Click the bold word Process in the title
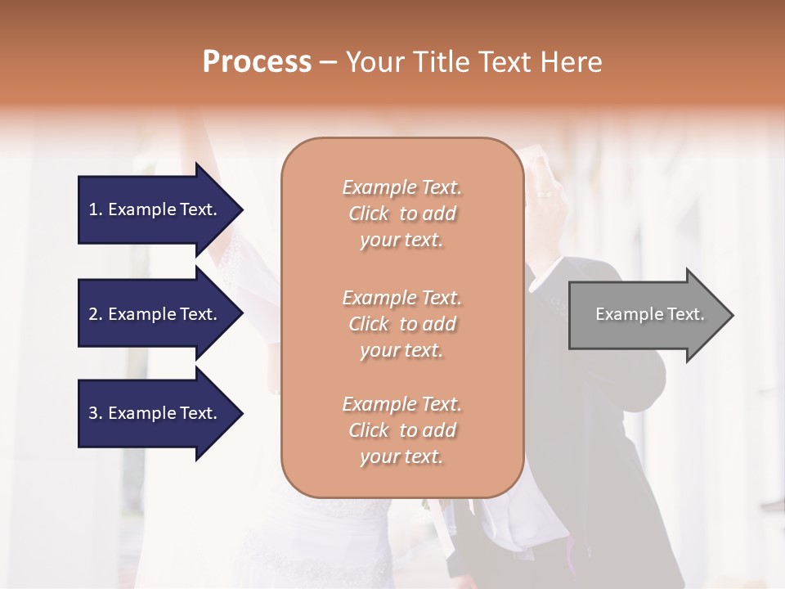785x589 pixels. click(x=257, y=61)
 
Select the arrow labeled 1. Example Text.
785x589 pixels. click(x=155, y=209)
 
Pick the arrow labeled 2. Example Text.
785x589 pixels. click(x=155, y=314)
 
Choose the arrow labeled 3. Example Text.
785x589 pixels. click(x=155, y=413)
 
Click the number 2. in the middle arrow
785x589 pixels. click(x=95, y=314)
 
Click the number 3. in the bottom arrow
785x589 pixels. click(x=95, y=413)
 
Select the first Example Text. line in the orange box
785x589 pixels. click(x=401, y=187)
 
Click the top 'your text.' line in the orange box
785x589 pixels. click(x=401, y=241)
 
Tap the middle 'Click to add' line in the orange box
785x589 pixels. click(x=401, y=324)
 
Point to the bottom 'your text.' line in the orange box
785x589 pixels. click(x=401, y=457)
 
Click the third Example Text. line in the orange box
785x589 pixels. click(x=401, y=404)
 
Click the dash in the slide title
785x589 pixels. click(x=328, y=62)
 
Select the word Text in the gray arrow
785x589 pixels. click(x=685, y=314)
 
